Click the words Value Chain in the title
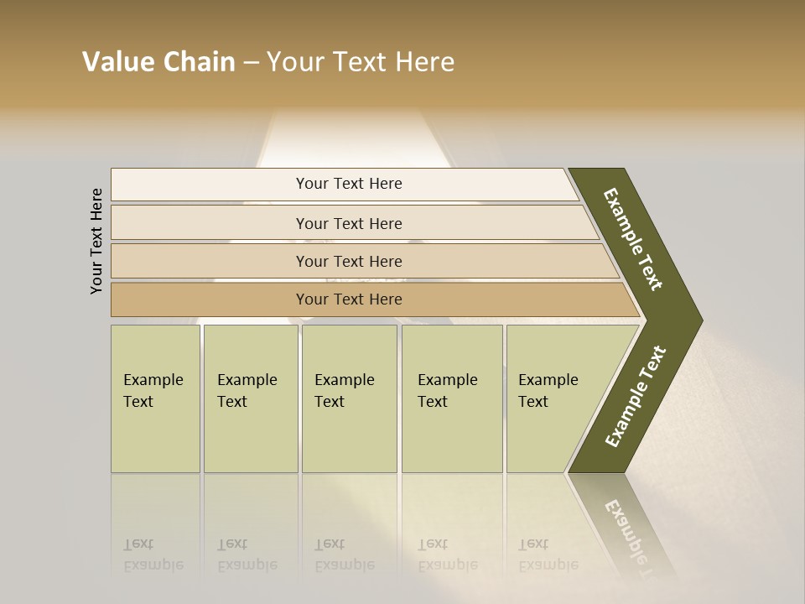158,62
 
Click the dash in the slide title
251,62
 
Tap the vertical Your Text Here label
97,241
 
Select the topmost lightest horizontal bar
348,184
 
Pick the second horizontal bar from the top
348,223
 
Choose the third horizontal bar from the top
348,261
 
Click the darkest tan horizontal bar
348,299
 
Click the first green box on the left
155,398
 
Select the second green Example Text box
250,398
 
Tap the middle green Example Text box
349,398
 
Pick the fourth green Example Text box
452,398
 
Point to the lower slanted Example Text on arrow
635,397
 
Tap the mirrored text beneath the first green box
153,555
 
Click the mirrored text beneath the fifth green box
548,555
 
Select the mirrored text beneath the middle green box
345,555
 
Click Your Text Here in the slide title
361,62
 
